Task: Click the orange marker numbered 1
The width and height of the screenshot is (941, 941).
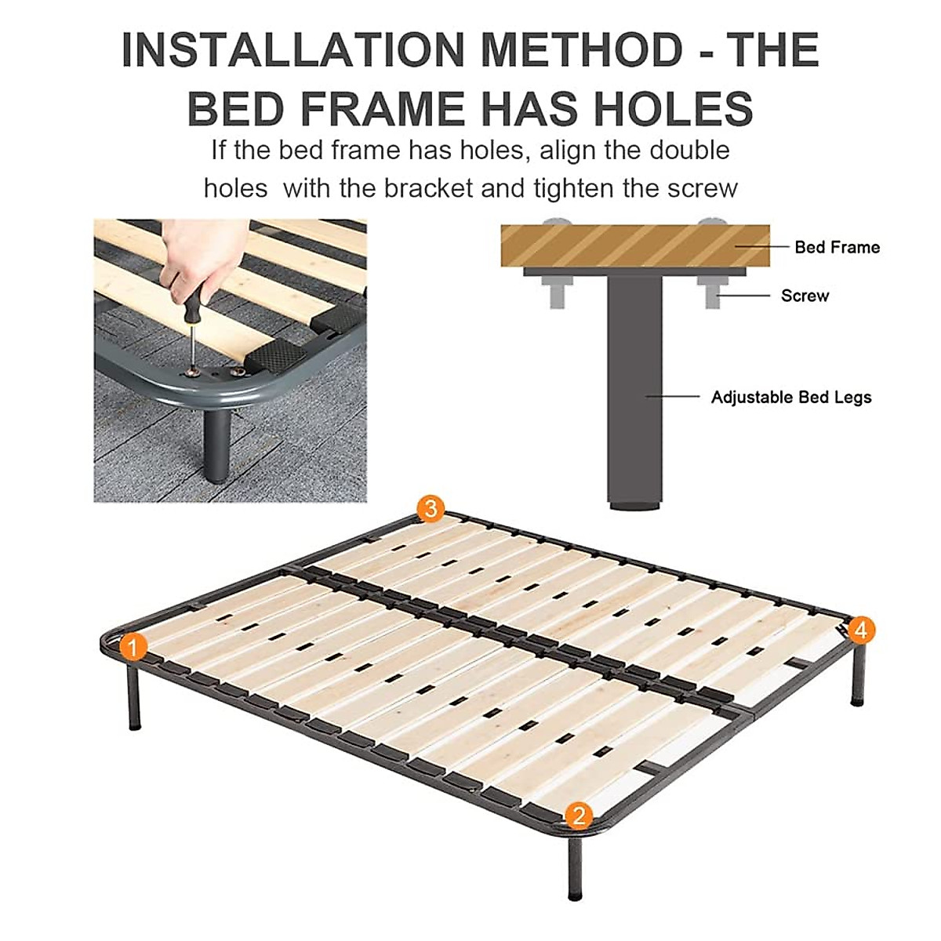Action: point(133,648)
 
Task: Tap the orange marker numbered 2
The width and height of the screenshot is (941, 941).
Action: point(579,816)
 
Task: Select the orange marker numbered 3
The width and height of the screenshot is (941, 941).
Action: point(430,509)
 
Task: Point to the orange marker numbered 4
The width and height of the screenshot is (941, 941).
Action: point(860,630)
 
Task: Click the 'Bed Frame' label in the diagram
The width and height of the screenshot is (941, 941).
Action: point(837,247)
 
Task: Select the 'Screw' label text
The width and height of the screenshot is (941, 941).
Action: point(805,296)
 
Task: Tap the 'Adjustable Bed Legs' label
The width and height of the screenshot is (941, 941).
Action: point(790,397)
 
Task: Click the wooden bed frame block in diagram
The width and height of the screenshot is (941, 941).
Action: point(635,245)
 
